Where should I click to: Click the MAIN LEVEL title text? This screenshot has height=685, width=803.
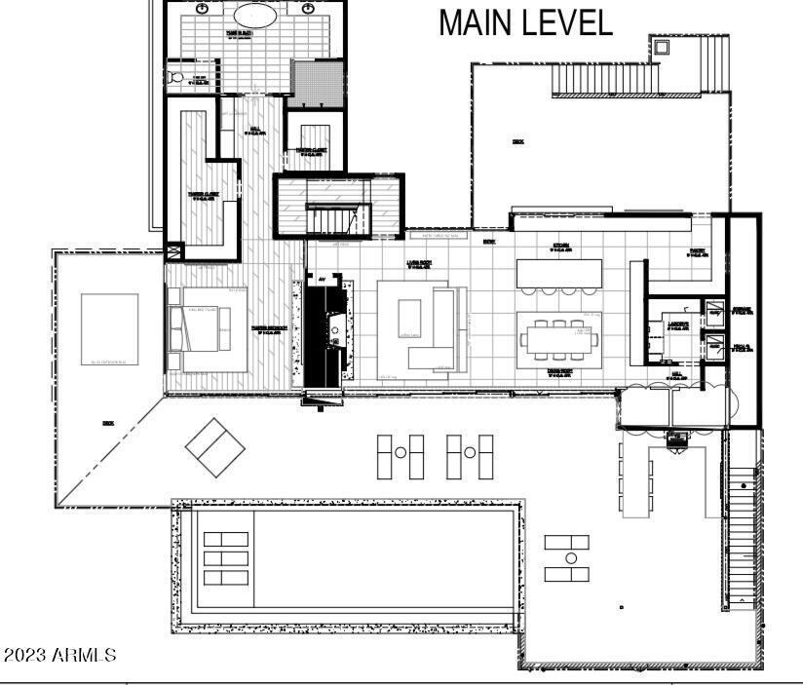coord(525,21)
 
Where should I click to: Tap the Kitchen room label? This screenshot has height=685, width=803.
coord(560,247)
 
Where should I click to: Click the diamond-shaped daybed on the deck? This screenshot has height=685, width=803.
coord(215,447)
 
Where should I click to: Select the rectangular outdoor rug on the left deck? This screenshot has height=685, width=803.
coord(109,328)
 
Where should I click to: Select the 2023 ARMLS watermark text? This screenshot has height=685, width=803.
coord(59,655)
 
